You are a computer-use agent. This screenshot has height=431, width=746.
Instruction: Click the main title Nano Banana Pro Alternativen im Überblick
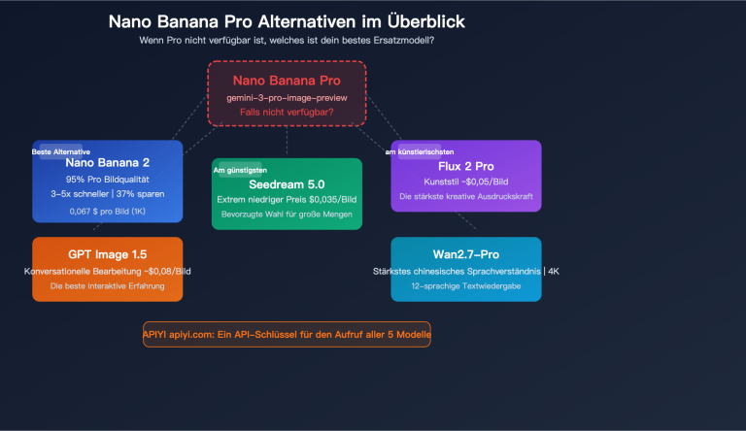point(287,21)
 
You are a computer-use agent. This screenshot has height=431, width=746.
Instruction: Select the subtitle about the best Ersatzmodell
point(287,40)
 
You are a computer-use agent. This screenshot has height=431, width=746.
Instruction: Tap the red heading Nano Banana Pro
point(287,81)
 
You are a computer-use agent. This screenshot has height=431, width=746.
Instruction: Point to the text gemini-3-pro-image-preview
point(287,99)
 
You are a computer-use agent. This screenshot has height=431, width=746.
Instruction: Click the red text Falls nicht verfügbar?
point(287,114)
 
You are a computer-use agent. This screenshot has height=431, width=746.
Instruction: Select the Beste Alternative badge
point(61,152)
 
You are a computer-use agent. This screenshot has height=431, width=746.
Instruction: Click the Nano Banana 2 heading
point(107,163)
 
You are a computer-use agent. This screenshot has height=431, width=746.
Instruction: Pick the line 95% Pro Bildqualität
point(107,181)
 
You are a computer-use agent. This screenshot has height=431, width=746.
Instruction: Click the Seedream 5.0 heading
point(287,182)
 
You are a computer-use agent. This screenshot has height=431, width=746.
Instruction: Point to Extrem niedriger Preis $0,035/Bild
point(287,199)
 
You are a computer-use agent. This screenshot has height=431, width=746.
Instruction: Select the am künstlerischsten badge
point(418,152)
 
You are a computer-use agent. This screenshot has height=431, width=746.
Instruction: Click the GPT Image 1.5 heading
point(107,254)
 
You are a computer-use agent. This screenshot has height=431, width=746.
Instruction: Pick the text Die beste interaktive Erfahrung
point(107,286)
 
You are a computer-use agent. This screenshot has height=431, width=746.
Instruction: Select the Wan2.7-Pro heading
point(466,254)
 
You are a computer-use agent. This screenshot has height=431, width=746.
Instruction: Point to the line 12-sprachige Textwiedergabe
point(466,286)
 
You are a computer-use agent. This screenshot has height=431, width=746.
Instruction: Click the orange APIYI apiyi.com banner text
point(287,335)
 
